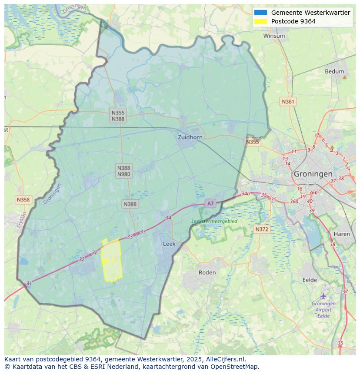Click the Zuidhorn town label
pos(190,137)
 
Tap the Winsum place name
pos(274,36)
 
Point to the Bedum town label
pos(334,72)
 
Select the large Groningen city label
pos(313,174)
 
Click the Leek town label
pos(169,244)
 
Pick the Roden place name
pos(207,273)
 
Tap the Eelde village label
pos(310,280)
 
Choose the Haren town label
pos(342,234)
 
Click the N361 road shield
pos(288,102)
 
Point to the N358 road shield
pos(23,200)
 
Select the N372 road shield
pos(262,229)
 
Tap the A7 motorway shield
pos(210,203)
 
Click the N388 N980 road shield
pos(123,171)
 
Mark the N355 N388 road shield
pos(118,116)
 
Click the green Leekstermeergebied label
pos(214,221)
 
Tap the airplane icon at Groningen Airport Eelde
pos(323,296)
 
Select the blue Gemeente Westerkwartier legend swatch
pos(261,13)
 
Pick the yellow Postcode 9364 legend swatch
pos(261,21)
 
